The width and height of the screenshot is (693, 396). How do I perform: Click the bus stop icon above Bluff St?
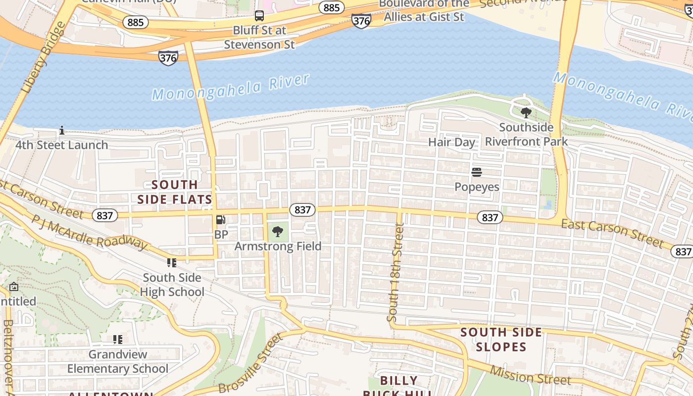point(259,16)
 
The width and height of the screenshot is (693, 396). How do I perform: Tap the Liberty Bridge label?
point(43,58)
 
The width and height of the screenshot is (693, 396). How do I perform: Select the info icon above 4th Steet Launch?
point(62,131)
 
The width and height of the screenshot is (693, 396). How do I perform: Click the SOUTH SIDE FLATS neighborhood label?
point(175,192)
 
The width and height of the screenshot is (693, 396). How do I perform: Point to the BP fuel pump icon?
point(221,220)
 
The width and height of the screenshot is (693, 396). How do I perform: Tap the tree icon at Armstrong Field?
point(278,231)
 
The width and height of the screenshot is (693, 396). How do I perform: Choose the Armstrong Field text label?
point(278,246)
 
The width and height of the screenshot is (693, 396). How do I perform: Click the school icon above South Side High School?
point(172,263)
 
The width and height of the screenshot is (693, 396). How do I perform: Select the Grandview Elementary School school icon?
point(118,340)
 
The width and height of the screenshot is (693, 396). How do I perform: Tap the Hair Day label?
point(451,142)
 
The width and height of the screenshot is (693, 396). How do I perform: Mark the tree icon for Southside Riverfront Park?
point(526,113)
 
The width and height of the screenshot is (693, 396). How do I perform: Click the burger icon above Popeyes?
point(477,172)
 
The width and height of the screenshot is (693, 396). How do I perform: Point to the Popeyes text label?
point(477,187)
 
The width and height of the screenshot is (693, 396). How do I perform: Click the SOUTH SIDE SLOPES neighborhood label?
point(501,339)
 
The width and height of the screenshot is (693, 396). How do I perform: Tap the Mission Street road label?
point(530,375)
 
